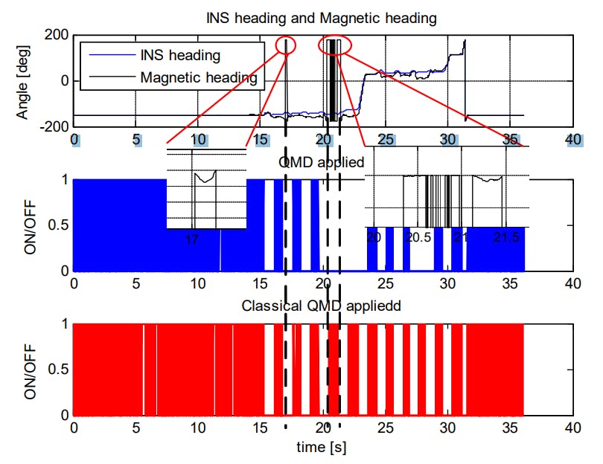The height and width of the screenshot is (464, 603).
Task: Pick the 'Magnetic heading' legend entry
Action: [198, 76]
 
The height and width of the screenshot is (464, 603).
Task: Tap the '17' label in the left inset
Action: [191, 239]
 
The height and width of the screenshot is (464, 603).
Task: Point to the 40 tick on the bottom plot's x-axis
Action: [572, 429]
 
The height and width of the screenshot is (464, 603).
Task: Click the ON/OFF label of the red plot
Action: [30, 370]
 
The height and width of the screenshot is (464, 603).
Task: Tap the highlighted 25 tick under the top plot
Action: [386, 140]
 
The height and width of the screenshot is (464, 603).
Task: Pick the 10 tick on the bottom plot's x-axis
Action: [198, 429]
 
